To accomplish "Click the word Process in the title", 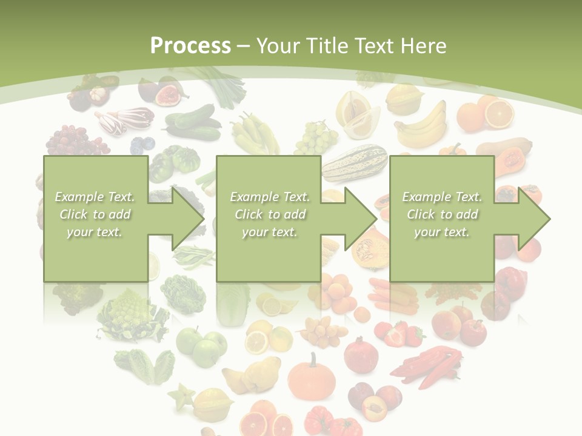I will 190,46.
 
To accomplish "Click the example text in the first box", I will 95,214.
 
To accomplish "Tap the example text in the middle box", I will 269,214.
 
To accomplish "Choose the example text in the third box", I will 442,214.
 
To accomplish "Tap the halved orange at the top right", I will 498,113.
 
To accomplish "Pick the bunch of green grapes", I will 316,138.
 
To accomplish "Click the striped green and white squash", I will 355,162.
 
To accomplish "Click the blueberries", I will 143,145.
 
